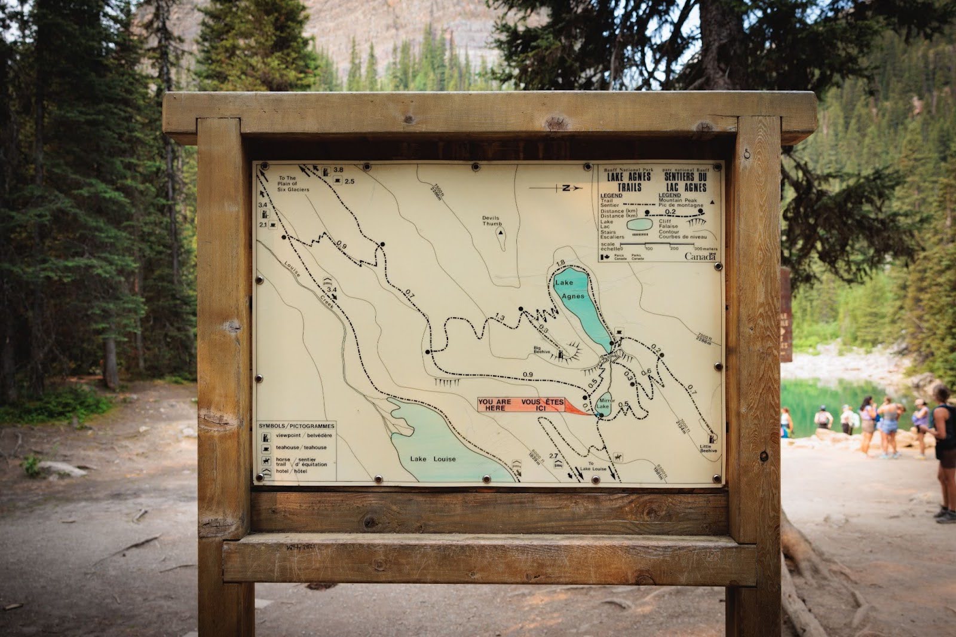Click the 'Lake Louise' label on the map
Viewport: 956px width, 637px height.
pos(433,459)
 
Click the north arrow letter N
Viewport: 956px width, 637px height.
pos(565,188)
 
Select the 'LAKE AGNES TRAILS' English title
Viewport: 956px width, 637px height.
pos(628,182)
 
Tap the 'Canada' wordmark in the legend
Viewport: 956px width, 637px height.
pos(700,256)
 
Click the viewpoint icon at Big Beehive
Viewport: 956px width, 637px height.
pos(561,356)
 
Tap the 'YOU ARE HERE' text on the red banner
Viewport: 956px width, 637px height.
pos(494,405)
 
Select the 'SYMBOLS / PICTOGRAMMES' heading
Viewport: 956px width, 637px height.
pos(296,425)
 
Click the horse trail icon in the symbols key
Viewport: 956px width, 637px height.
pos(265,461)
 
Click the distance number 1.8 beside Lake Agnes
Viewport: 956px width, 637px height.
pos(560,263)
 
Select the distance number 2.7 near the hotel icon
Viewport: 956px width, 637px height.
pos(553,456)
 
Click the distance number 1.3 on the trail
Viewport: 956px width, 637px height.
pos(500,317)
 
